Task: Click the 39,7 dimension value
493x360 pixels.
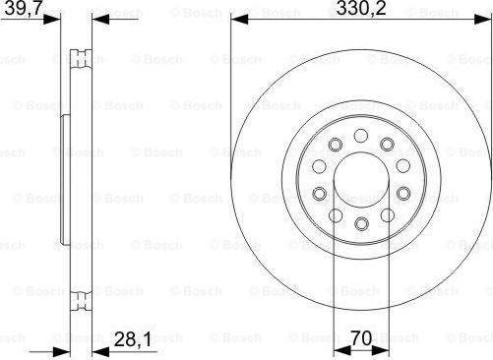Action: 23,8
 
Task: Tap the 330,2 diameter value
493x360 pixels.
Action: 361,8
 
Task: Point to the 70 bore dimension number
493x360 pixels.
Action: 361,337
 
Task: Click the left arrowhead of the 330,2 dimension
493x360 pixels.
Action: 239,20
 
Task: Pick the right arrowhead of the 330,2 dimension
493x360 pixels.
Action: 483,20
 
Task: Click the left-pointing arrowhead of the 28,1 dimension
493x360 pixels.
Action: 101,352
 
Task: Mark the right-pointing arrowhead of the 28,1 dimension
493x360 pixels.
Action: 62,352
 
